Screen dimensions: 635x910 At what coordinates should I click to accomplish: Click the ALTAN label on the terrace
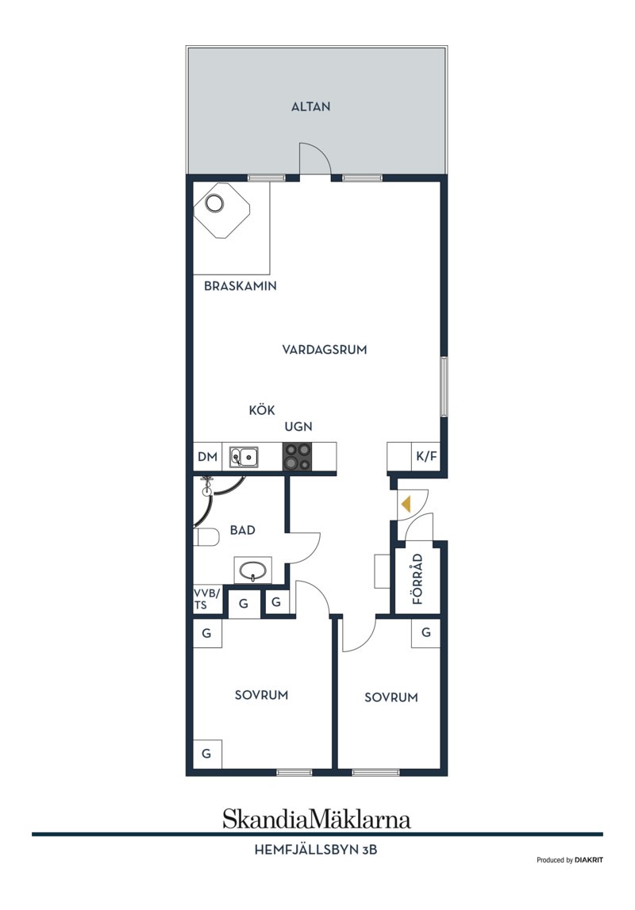(x=310, y=107)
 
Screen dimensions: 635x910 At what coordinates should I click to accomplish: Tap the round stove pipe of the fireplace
(x=215, y=203)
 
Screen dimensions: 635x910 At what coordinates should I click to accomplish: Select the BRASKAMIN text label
(x=241, y=286)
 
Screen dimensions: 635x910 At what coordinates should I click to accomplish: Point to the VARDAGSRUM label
(x=325, y=349)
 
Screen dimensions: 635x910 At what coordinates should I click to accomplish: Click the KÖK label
(x=262, y=409)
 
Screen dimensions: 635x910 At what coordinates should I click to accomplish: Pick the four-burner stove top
(x=297, y=457)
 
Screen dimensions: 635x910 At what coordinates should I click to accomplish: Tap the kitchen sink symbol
(x=244, y=457)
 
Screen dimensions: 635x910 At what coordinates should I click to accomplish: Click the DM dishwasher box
(x=207, y=457)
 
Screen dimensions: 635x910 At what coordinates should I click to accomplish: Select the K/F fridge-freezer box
(x=426, y=457)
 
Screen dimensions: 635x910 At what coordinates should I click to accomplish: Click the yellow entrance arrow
(x=406, y=504)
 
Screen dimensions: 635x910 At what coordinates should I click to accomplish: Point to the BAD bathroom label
(x=243, y=530)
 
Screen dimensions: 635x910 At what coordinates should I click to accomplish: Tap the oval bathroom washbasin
(x=252, y=570)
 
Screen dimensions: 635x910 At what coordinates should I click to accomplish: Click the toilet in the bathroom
(x=206, y=537)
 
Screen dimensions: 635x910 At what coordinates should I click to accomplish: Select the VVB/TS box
(x=207, y=599)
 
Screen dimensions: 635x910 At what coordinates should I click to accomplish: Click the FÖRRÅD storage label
(x=418, y=580)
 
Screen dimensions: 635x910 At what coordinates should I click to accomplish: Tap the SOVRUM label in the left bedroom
(x=261, y=695)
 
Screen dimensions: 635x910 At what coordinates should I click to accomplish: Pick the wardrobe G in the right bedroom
(x=426, y=632)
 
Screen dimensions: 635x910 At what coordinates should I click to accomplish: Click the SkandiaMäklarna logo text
(x=317, y=819)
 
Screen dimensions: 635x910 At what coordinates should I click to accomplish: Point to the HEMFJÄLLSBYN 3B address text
(x=316, y=850)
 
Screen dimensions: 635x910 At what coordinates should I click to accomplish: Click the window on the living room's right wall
(x=444, y=386)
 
